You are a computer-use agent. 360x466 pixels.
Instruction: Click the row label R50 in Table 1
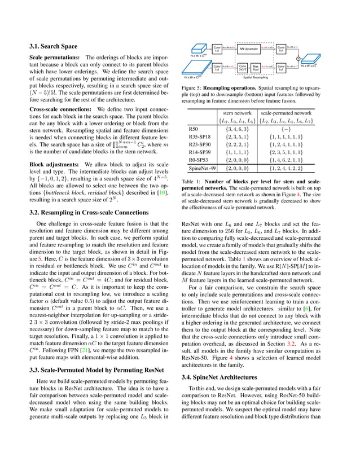tap(192, 129)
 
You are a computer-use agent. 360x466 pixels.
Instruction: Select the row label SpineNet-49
tap(202, 169)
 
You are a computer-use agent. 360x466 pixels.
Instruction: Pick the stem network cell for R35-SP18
tap(236, 137)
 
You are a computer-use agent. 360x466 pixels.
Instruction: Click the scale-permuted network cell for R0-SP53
tap(286, 160)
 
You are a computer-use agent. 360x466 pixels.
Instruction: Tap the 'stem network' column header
tap(236, 113)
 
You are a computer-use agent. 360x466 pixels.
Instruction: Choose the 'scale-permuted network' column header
tap(286, 113)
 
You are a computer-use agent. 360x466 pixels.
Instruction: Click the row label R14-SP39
tap(200, 152)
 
